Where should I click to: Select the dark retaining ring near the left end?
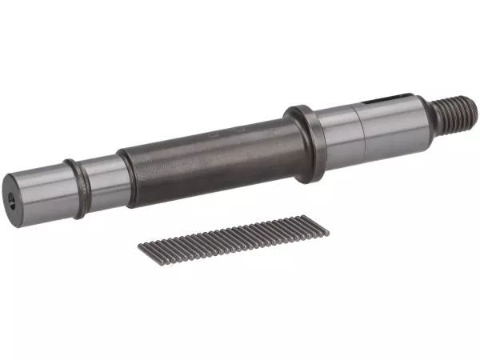[77, 188]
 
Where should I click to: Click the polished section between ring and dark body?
[102, 180]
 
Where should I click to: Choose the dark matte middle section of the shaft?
[208, 157]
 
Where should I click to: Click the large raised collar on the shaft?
[305, 143]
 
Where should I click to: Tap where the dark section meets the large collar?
[290, 144]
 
